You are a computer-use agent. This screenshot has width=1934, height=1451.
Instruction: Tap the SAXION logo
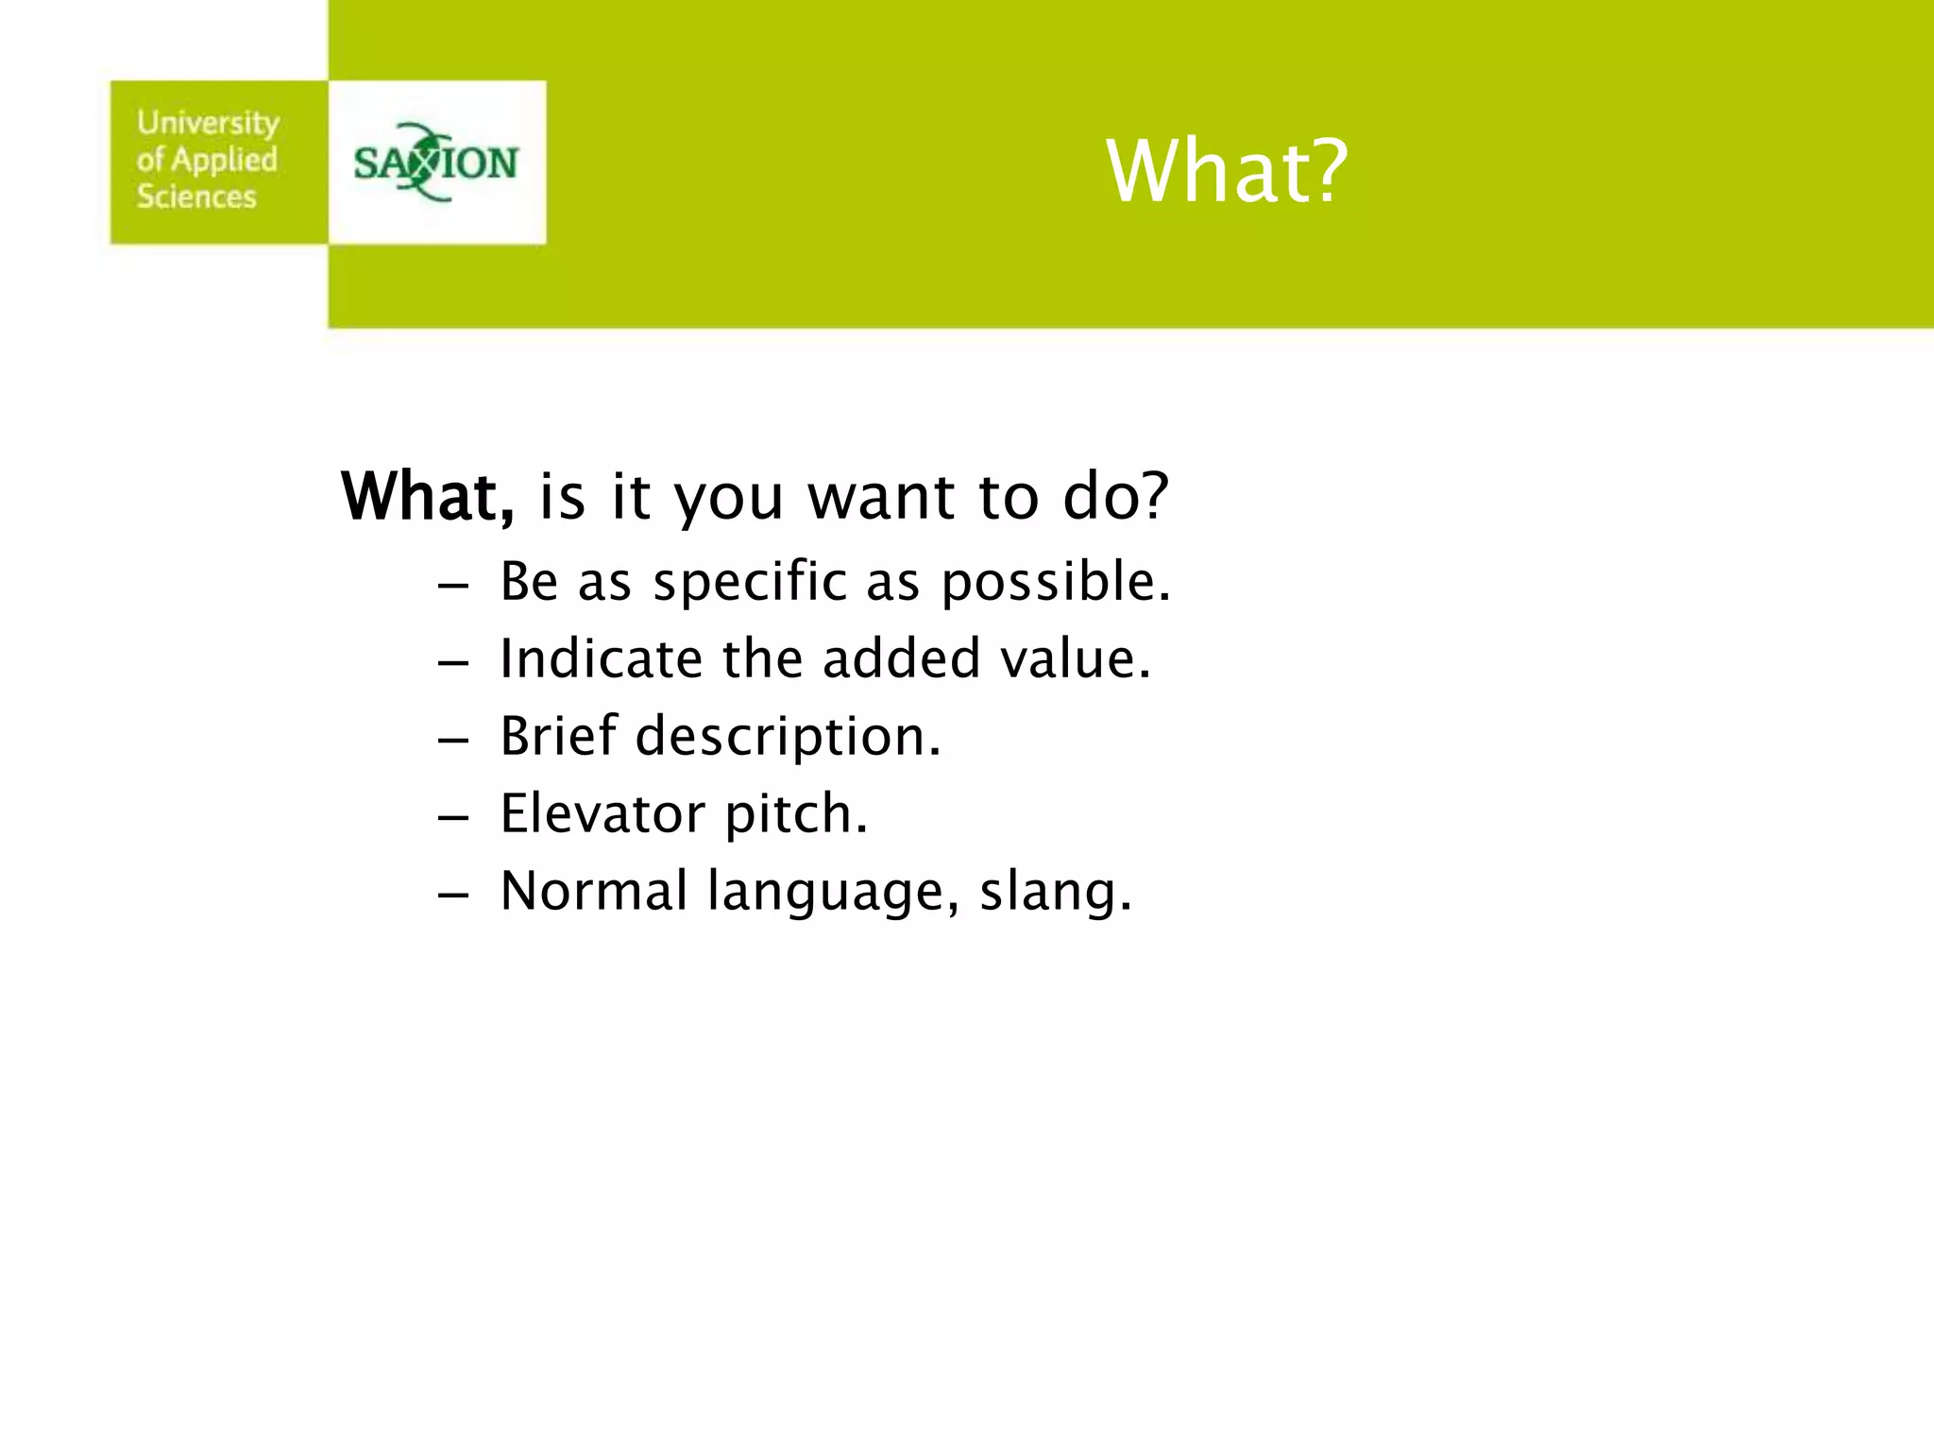(435, 162)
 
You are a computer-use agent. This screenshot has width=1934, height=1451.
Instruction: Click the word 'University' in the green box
(208, 123)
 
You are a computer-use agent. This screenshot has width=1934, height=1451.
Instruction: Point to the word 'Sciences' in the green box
(196, 196)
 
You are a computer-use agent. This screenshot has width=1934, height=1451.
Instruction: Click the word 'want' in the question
(881, 498)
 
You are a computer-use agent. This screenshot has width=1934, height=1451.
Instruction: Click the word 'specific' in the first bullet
(750, 581)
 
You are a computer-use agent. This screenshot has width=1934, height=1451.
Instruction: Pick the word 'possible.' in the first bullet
(1056, 583)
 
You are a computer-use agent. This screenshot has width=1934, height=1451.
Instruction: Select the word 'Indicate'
(601, 658)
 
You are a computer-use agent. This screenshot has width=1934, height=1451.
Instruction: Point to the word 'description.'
(788, 738)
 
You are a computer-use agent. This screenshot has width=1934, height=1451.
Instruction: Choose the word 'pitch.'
(795, 815)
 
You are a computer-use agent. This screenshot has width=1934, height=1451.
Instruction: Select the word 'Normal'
(594, 891)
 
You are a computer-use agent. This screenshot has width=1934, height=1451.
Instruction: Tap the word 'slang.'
(1055, 893)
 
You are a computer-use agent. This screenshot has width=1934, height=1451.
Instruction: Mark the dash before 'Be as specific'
(453, 584)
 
